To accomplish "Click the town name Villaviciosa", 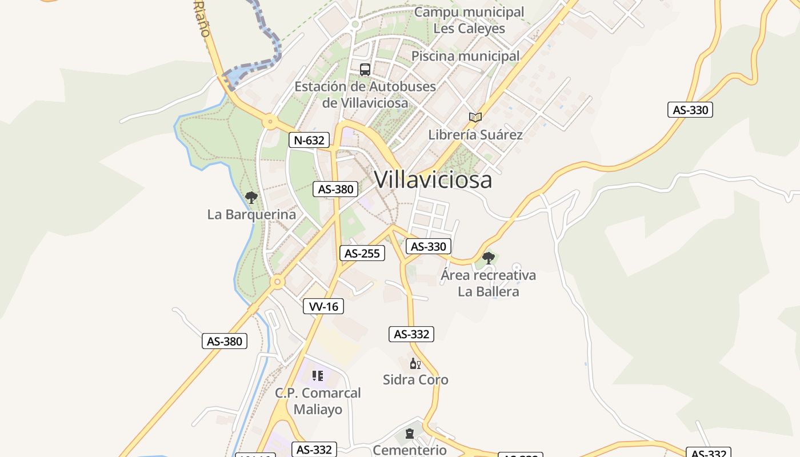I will click(433, 180).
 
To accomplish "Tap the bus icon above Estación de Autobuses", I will click(365, 70).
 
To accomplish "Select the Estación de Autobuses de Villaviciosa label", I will click(365, 95).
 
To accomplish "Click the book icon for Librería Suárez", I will click(475, 117).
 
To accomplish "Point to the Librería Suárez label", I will click(475, 135).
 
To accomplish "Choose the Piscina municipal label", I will click(466, 56).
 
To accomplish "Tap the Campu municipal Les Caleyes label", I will click(469, 20).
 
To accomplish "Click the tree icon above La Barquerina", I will click(251, 198).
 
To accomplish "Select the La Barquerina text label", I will click(251, 215).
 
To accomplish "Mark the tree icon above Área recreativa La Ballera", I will click(488, 258).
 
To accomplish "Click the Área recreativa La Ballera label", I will click(489, 283).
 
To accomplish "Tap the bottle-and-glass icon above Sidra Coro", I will click(415, 363).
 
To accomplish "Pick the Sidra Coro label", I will click(415, 380).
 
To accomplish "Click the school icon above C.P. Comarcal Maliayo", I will click(318, 376).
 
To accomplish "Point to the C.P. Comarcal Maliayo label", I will click(318, 401).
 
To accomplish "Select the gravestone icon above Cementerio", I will click(410, 434).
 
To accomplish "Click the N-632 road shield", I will click(309, 140).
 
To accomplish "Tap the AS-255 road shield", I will click(362, 253).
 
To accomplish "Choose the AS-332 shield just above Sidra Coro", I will click(411, 334).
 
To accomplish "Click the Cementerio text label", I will click(409, 450).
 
